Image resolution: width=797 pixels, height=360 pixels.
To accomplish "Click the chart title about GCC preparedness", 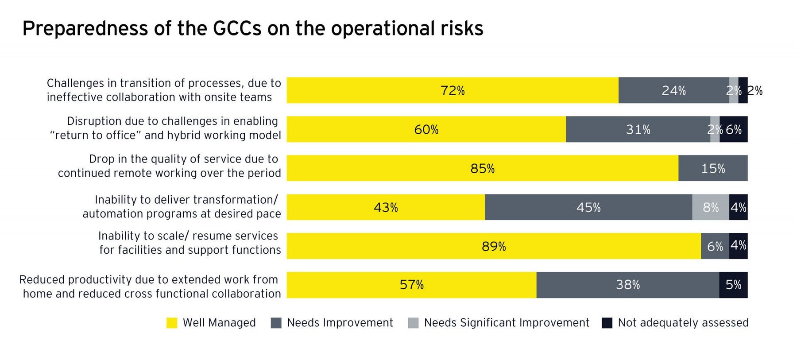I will click(x=252, y=28).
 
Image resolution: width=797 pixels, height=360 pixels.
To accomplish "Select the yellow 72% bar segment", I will click(x=452, y=90).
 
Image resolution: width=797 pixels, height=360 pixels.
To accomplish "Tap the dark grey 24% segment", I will click(x=673, y=90).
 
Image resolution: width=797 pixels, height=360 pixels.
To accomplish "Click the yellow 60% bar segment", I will click(x=426, y=129).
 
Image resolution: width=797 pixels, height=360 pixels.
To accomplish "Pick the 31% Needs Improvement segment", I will click(x=638, y=129).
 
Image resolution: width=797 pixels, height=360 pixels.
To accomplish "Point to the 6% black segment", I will click(x=734, y=129).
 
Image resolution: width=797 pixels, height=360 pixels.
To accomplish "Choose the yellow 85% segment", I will click(x=482, y=168).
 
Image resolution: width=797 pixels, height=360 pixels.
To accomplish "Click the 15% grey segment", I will click(x=713, y=168).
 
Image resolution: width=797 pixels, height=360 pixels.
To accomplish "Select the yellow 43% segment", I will click(x=385, y=207).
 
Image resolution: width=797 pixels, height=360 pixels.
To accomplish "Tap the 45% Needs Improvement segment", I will click(x=588, y=207).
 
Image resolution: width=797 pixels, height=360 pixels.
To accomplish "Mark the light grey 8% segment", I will click(x=711, y=207).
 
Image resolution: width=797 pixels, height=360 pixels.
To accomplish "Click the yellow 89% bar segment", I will click(x=493, y=246).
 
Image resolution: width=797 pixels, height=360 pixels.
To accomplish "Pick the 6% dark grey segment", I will click(x=715, y=246).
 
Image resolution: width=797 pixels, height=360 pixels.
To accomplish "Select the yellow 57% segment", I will click(x=411, y=285).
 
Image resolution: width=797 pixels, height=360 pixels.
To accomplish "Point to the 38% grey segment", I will click(x=627, y=285).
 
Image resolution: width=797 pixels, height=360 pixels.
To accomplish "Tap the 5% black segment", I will click(x=734, y=285).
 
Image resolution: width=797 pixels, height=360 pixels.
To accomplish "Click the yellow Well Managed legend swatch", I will click(x=172, y=323).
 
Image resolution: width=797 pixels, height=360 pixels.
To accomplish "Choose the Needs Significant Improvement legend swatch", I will click(x=413, y=323).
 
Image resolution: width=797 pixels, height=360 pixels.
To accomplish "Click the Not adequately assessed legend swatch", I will click(x=607, y=323).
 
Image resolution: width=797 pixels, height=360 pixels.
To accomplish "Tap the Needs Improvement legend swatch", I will click(x=276, y=323).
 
